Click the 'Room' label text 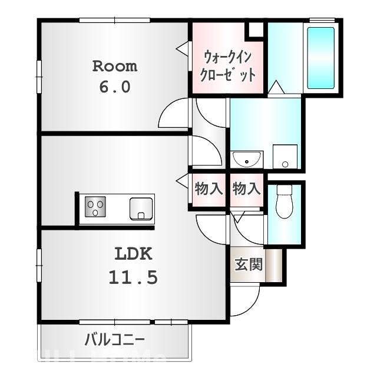click(x=114, y=66)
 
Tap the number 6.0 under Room click(x=114, y=87)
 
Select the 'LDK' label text click(x=133, y=254)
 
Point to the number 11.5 click(x=133, y=277)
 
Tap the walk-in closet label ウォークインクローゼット click(x=228, y=66)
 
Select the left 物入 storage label click(x=208, y=189)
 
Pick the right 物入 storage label click(x=246, y=189)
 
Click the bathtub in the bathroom click(x=320, y=58)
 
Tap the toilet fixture click(x=285, y=201)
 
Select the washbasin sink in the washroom click(x=247, y=158)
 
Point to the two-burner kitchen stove click(x=95, y=207)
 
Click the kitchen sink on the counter click(x=141, y=208)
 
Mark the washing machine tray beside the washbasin click(x=285, y=157)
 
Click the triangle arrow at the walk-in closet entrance click(x=183, y=48)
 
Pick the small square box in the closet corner click(x=255, y=30)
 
